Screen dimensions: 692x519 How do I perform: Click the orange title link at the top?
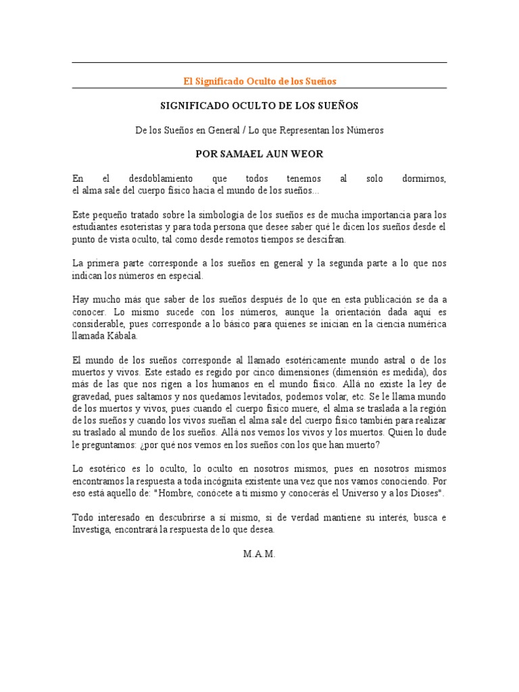(259, 81)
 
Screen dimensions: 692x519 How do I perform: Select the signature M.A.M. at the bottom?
(259, 554)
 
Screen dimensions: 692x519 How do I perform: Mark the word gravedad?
(92, 397)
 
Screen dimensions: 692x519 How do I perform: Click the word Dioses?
(422, 493)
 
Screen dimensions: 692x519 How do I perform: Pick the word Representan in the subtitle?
(280, 130)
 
